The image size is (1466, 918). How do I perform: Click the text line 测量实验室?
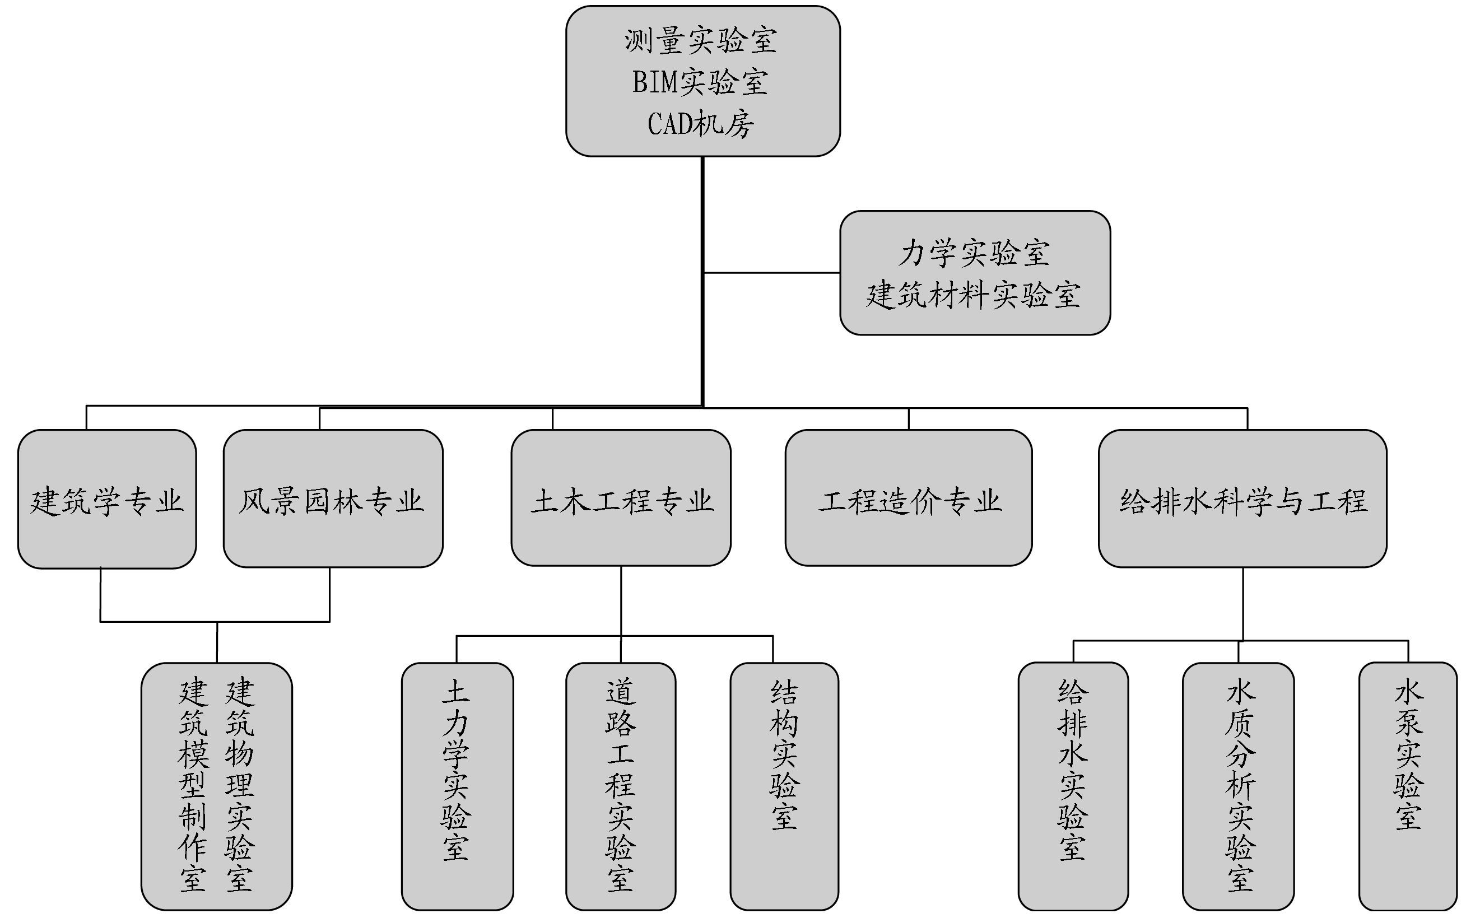click(x=701, y=41)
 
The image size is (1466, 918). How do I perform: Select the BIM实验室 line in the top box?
click(x=701, y=82)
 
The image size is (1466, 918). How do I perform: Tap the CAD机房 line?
click(x=701, y=124)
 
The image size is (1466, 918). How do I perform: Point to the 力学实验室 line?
click(x=974, y=253)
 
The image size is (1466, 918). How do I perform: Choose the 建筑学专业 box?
click(x=107, y=499)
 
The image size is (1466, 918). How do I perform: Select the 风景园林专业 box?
click(x=333, y=499)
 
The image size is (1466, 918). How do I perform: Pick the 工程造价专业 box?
click(x=908, y=499)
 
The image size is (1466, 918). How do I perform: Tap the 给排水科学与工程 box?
click(x=1242, y=499)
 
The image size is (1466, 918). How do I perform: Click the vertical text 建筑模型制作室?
click(x=193, y=786)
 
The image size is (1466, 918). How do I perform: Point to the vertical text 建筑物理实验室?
click(x=240, y=786)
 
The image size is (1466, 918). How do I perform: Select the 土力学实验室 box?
click(x=457, y=786)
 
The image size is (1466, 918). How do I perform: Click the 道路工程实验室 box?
click(x=620, y=786)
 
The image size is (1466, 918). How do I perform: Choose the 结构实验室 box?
click(x=784, y=786)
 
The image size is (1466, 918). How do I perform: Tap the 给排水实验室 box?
click(x=1073, y=786)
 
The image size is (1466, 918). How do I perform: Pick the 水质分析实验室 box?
click(x=1239, y=786)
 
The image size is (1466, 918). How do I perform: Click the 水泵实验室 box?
click(x=1408, y=786)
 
